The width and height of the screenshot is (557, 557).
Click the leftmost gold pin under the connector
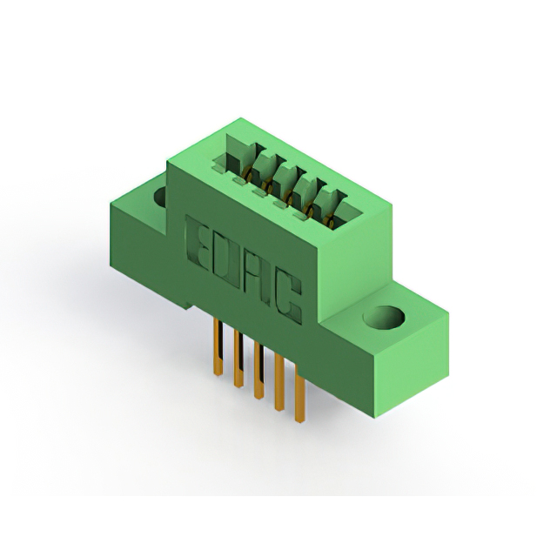[218, 346]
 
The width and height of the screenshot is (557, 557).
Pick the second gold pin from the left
[238, 358]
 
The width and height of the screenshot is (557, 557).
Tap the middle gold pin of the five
[258, 371]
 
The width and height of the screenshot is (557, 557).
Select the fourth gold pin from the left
[279, 383]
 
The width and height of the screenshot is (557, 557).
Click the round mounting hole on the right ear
[385, 317]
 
